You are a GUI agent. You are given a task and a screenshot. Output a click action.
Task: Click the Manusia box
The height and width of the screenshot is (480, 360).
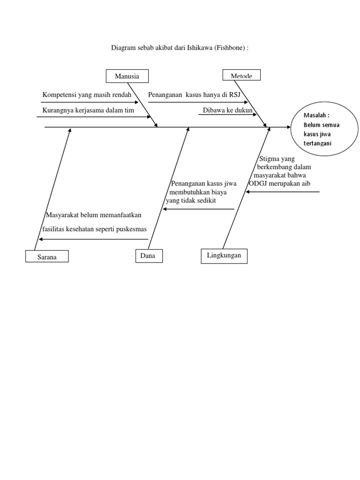point(127,76)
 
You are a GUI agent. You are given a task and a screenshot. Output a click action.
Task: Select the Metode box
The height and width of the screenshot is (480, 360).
point(241,75)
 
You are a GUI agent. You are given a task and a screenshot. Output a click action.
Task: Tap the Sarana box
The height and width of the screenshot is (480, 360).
point(47,257)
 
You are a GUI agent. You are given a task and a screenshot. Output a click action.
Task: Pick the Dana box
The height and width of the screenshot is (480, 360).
point(148,256)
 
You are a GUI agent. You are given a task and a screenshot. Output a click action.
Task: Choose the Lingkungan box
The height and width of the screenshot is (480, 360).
point(224,255)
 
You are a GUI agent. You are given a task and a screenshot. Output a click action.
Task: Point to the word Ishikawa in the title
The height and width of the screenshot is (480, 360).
point(199,48)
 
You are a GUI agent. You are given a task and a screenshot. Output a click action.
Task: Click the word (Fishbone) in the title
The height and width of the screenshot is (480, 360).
point(230,48)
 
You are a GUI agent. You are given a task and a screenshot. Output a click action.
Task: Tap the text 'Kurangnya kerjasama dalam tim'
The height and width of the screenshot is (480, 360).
point(88,110)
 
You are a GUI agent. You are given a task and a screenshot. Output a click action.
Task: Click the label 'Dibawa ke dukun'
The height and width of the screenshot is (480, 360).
point(228,111)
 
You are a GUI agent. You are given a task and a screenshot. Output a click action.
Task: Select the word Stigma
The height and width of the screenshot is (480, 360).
point(270,159)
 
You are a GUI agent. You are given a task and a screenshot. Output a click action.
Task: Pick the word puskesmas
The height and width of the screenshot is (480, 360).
point(133,229)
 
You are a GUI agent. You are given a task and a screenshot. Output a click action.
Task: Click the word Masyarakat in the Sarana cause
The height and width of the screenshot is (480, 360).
point(63,215)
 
